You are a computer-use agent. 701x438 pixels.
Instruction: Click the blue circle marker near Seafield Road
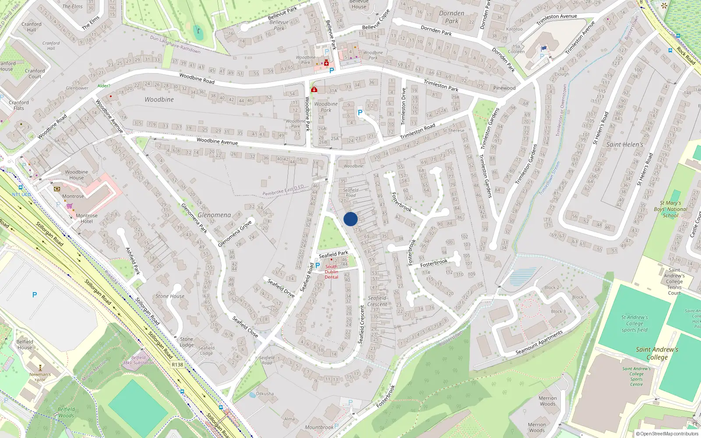click(x=350, y=219)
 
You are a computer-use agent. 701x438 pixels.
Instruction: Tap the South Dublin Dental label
click(x=331, y=272)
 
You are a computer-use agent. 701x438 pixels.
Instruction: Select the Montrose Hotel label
click(x=87, y=218)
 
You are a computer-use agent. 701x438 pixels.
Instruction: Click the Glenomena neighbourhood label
click(x=214, y=215)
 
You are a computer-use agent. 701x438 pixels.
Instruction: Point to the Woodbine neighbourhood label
click(x=159, y=99)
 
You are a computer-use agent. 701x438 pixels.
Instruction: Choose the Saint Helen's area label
click(x=625, y=145)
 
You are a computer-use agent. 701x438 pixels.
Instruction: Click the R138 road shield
click(x=177, y=364)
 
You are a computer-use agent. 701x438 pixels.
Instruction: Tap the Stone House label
click(x=170, y=296)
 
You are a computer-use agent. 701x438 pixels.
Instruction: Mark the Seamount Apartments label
click(x=539, y=343)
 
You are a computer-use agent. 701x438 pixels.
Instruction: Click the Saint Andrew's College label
click(x=657, y=353)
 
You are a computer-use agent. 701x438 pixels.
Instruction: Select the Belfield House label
click(x=25, y=345)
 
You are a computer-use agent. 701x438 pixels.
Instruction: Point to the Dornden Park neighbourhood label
click(x=452, y=17)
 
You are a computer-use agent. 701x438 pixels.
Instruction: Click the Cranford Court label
click(x=35, y=74)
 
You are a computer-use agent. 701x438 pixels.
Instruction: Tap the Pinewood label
click(x=504, y=88)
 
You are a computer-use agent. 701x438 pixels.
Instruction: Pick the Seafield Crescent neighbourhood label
click(x=377, y=301)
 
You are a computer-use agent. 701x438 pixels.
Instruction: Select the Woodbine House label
click(x=76, y=175)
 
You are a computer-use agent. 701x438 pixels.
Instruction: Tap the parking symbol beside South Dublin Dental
click(x=317, y=265)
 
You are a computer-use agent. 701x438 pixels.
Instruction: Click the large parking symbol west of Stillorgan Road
click(x=35, y=295)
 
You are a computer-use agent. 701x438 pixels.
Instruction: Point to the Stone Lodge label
click(x=186, y=342)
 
